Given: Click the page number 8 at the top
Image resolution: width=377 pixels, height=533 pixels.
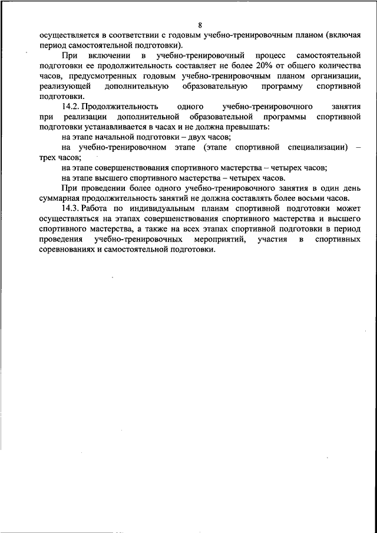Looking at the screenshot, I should click(x=200, y=25).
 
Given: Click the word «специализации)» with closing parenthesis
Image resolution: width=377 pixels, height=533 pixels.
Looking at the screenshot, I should click(x=318, y=147).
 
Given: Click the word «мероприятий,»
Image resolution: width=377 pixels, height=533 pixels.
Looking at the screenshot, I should click(x=217, y=239).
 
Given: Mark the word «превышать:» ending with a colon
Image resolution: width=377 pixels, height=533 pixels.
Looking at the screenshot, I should click(x=251, y=127).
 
